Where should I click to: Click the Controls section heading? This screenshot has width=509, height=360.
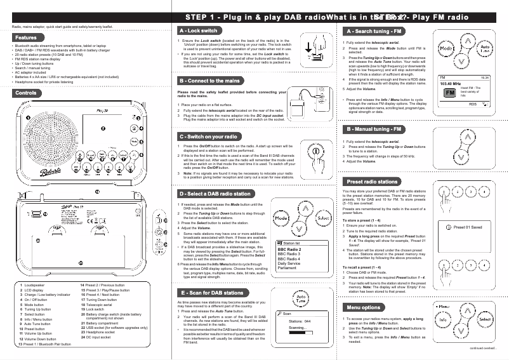coord(26,93)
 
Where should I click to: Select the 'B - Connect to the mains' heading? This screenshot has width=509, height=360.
coord(209,81)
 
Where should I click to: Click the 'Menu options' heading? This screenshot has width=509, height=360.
coord(364,307)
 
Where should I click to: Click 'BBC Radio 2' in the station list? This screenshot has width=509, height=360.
coord(290,250)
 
